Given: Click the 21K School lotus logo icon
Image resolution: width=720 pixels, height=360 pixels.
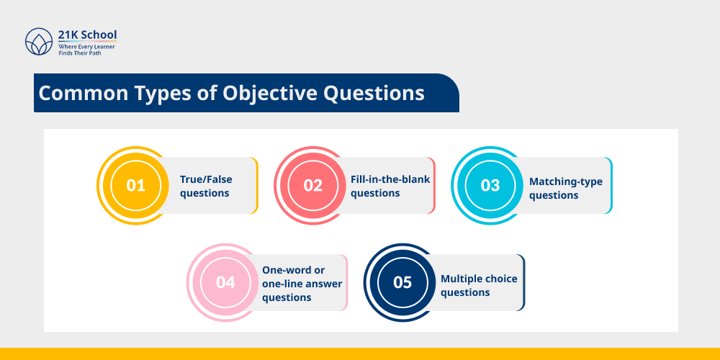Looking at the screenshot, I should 39,42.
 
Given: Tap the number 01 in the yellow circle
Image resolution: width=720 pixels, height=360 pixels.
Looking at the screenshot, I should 135,185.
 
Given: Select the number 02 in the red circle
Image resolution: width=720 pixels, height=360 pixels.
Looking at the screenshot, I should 312,185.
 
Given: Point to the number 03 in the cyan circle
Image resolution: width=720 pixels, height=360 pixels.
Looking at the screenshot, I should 490,185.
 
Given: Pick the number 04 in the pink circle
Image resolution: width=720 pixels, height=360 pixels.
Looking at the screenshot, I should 225,282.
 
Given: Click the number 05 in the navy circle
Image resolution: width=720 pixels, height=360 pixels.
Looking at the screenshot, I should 402,282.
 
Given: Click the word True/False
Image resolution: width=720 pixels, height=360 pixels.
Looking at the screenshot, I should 206,179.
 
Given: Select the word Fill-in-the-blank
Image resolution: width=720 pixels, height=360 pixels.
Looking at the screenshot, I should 390,179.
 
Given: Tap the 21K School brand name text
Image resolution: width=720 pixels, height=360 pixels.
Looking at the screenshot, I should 87,35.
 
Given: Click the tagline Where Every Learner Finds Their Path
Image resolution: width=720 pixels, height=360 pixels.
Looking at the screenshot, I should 86,50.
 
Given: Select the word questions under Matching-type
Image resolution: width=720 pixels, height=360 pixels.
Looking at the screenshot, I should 554,195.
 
